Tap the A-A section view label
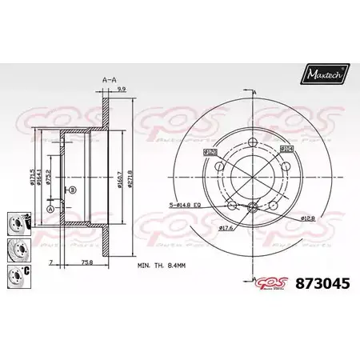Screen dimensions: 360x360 tap(108, 80)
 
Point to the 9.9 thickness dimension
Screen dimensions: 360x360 tap(120, 90)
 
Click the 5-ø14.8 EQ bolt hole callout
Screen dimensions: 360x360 tap(190, 206)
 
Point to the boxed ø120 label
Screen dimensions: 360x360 tap(212, 151)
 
